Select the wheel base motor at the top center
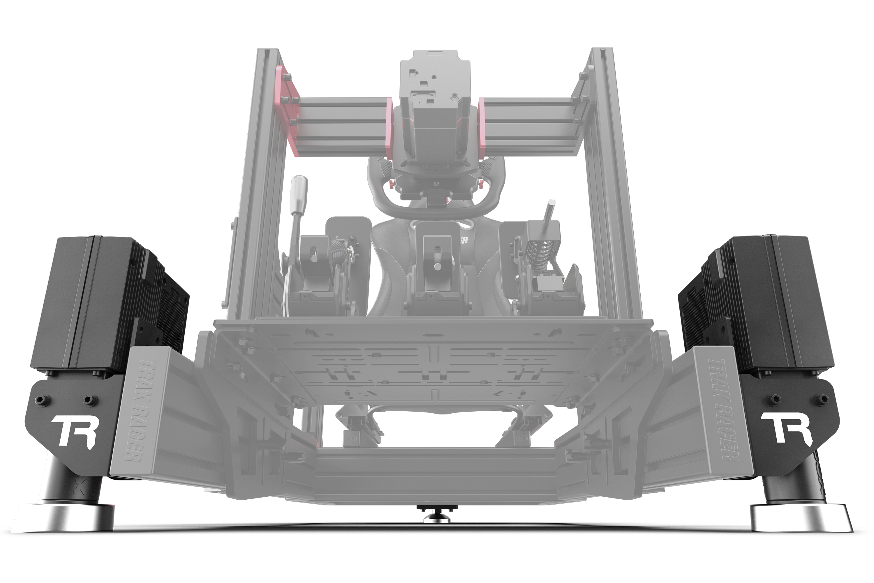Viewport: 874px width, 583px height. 433,123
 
